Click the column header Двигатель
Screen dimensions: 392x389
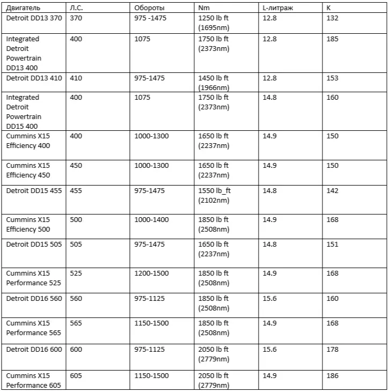tap(23, 9)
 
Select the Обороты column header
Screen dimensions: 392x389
tap(150, 9)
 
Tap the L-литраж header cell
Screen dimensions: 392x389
tap(278, 9)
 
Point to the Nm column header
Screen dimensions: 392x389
tap(204, 9)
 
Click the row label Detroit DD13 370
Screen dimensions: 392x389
tap(34, 18)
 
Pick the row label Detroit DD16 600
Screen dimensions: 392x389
tap(34, 349)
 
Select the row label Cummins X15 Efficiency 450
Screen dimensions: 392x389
tap(28, 170)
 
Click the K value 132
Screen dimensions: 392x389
tap(332, 18)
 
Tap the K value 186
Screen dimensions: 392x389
tap(332, 376)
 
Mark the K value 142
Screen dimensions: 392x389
tap(332, 190)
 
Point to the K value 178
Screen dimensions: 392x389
tap(332, 349)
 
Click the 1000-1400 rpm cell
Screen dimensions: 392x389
tap(151, 219)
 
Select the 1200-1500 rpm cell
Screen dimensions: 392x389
tap(151, 273)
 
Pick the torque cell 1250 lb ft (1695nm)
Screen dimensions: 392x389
tap(214, 23)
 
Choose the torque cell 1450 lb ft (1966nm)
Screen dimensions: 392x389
tap(214, 83)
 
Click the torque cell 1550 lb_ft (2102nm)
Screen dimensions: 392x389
tap(214, 195)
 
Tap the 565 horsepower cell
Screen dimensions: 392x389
tap(76, 323)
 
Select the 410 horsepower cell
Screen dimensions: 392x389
tap(76, 78)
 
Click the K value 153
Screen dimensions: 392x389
tap(332, 78)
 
